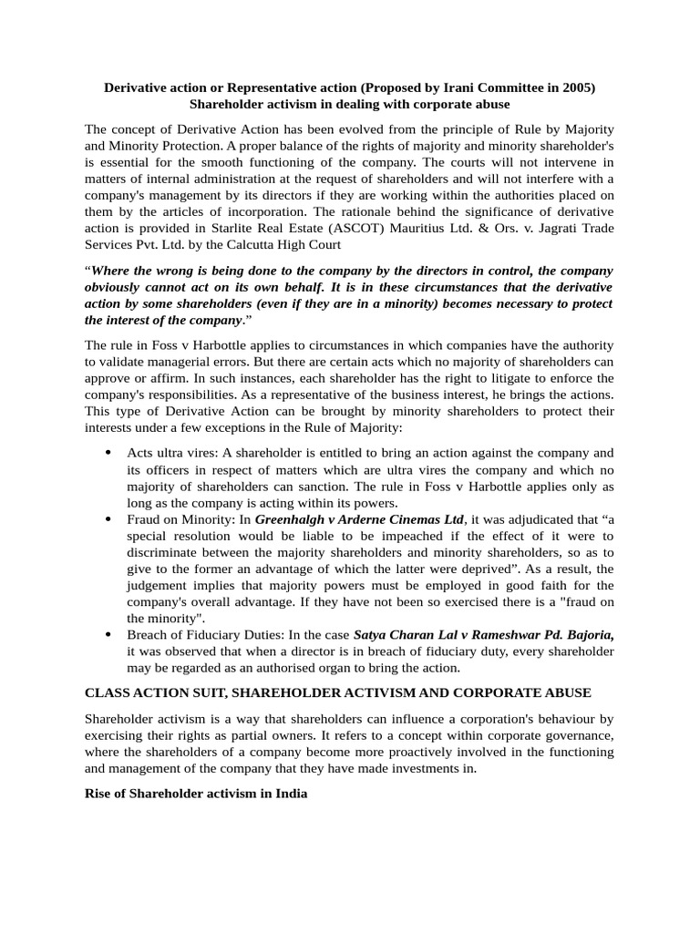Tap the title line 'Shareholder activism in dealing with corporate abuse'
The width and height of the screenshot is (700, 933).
point(349,104)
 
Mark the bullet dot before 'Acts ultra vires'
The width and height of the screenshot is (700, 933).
point(108,453)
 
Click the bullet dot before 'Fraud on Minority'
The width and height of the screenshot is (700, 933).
point(108,519)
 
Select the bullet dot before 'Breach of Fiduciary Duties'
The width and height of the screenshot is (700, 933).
point(108,635)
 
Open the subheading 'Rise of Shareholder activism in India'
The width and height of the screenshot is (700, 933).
point(196,794)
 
